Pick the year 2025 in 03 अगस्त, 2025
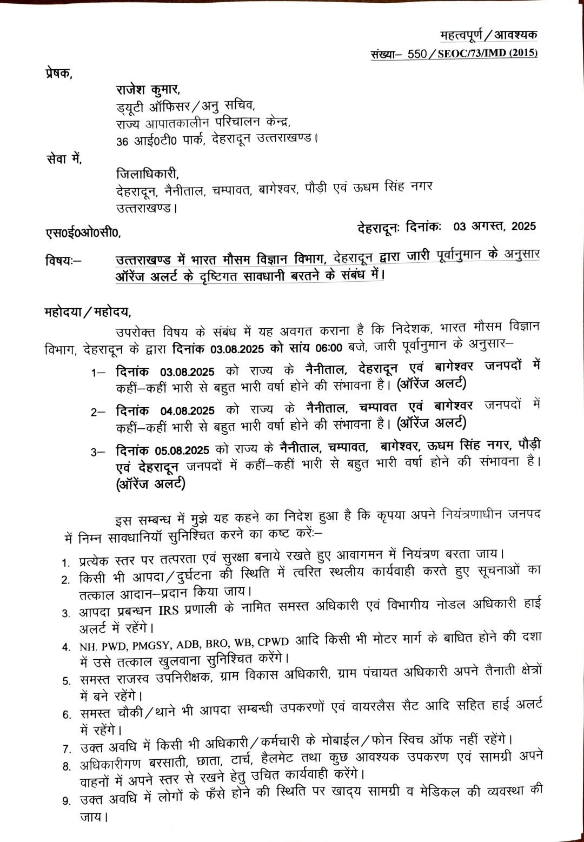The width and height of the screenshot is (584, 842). (x=523, y=226)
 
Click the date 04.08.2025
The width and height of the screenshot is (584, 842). (x=187, y=411)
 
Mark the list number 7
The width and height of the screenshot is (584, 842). (x=67, y=750)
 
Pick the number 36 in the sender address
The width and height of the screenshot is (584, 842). (x=122, y=142)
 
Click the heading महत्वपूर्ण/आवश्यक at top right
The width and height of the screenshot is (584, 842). (x=488, y=35)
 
